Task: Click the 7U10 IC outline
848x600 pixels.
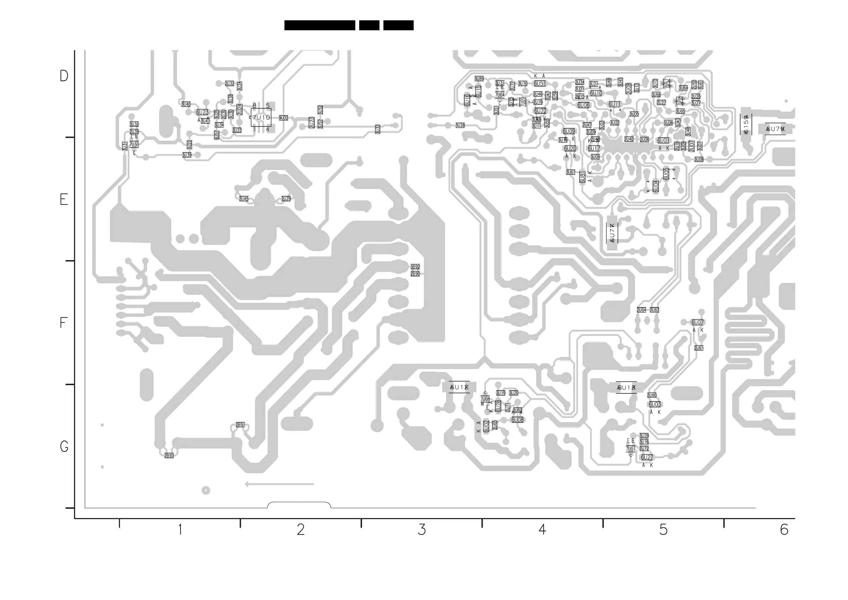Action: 261,118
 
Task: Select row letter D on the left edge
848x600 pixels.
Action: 64,76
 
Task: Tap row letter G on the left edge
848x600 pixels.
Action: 64,446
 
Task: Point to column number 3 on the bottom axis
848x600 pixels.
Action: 422,530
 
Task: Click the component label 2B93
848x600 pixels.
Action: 169,455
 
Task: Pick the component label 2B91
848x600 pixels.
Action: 240,425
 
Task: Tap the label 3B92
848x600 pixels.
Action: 415,267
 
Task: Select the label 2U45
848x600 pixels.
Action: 244,198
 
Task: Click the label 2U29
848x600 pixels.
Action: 286,198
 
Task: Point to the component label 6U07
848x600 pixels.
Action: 697,322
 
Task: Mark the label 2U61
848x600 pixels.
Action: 698,348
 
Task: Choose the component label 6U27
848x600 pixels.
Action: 647,457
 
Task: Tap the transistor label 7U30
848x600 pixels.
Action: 134,145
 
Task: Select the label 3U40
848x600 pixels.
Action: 186,104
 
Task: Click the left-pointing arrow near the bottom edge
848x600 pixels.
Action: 279,484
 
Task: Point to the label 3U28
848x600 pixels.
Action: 460,125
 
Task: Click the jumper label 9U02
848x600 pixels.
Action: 283,118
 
